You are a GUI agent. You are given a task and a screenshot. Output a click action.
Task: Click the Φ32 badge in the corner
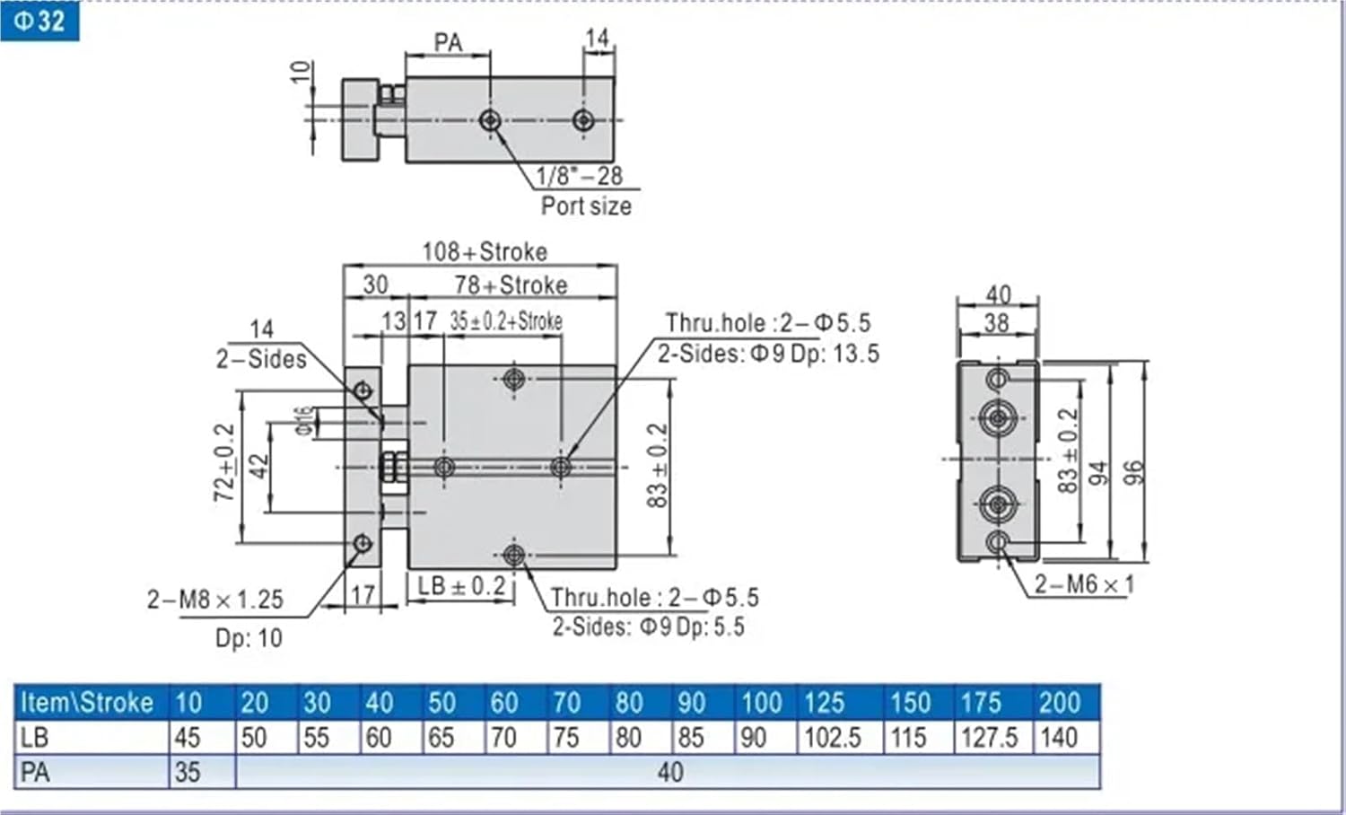tap(39, 20)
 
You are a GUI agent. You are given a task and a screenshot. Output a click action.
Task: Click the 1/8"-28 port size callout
tap(579, 176)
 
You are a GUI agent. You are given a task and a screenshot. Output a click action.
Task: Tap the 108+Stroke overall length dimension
tap(485, 251)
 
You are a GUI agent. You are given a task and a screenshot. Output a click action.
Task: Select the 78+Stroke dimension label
tap(511, 285)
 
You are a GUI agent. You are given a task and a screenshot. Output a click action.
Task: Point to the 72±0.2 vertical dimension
tap(224, 462)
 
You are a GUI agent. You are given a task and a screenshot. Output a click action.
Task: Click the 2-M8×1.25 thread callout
tap(215, 600)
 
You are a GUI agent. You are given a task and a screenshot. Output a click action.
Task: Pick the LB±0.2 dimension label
tap(461, 586)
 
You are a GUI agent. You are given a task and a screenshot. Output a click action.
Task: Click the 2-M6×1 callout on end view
tap(1084, 584)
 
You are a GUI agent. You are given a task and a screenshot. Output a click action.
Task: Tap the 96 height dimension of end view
tap(1134, 473)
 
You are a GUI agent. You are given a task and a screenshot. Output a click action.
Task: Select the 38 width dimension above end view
tap(997, 323)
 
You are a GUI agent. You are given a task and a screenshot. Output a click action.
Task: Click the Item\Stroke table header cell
tap(87, 702)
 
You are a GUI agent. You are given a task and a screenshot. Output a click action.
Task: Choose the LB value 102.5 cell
tap(832, 738)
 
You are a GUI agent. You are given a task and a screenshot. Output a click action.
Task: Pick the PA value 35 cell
tap(188, 772)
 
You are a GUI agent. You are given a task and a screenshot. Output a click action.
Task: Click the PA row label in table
tap(36, 772)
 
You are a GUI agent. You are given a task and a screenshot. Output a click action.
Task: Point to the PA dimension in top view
tap(448, 42)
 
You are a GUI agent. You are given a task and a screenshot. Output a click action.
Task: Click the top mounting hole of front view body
tap(514, 379)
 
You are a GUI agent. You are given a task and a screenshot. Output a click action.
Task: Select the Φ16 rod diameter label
tap(305, 420)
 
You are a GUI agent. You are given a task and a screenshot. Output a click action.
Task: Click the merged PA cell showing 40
tap(669, 772)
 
